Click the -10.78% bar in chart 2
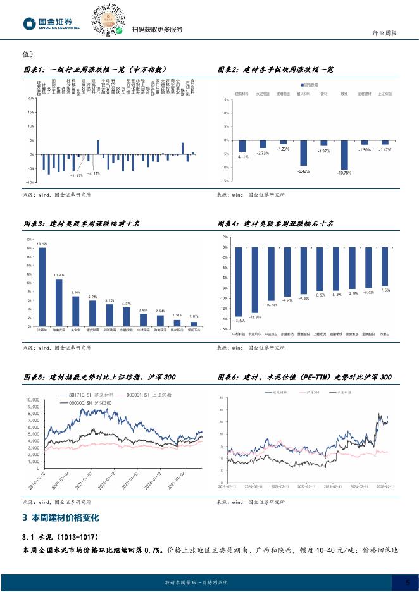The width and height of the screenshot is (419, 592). coord(344,154)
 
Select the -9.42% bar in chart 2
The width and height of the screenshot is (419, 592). coord(303,152)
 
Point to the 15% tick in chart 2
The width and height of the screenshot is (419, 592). coord(225,101)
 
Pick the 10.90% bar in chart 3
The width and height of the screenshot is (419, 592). coord(59,302)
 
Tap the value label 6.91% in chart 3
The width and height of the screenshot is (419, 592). coord(76,293)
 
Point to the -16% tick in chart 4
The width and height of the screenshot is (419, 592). coord(225,329)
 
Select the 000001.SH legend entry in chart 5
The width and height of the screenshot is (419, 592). coord(145,395)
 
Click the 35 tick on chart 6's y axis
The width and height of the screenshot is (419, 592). coord(221,398)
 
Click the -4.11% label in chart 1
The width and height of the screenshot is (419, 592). coord(94,173)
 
